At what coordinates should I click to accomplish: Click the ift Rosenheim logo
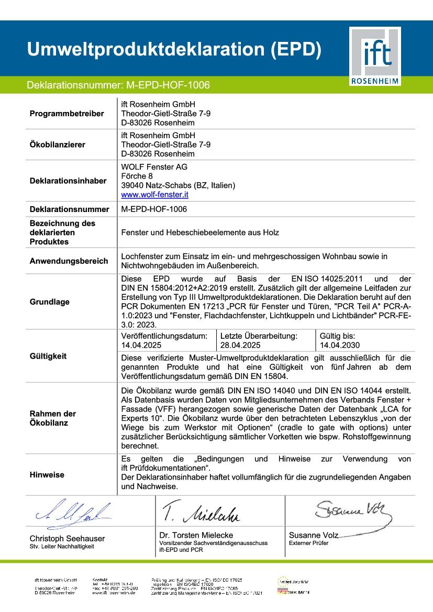375,57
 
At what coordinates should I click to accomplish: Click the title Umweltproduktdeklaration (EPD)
174,49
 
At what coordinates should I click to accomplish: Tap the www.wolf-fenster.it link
154,195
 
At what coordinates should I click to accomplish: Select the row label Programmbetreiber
66,114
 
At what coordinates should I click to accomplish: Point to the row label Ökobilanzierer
57,144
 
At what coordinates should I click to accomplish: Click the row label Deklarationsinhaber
68,181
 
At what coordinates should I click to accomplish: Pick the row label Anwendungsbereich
69,261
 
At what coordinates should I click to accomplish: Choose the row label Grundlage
49,302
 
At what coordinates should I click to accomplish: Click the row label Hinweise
47,475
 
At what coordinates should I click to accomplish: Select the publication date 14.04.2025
141,345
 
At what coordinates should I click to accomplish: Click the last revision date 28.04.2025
240,345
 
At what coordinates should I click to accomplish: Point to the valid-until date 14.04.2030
340,345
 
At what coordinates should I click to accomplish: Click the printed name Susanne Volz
314,535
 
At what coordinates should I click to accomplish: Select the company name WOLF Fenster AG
154,166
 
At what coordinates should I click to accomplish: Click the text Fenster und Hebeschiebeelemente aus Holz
200,232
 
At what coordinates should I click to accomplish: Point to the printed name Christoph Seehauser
67,538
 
